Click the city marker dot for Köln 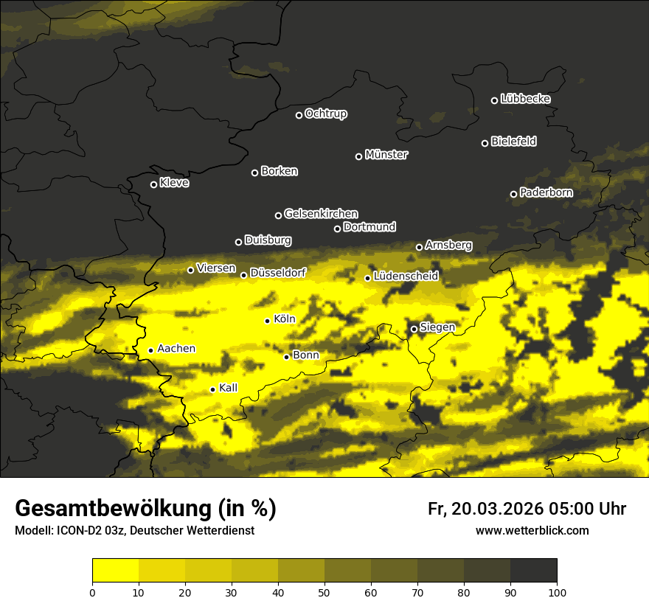point(267,321)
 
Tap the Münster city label point(386,155)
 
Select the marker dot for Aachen point(150,350)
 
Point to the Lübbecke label point(525,99)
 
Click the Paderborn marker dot point(513,194)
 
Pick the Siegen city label point(437,327)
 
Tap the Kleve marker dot point(153,184)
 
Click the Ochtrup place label point(325,114)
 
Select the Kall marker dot point(212,389)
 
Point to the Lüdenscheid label point(406,277)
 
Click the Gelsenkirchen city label point(321,214)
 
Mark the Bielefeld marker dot point(485,143)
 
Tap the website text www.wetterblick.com point(532,531)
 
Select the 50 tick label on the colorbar point(324,591)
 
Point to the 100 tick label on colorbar point(556,591)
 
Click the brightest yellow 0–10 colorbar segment point(115,571)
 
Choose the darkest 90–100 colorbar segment point(533,571)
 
